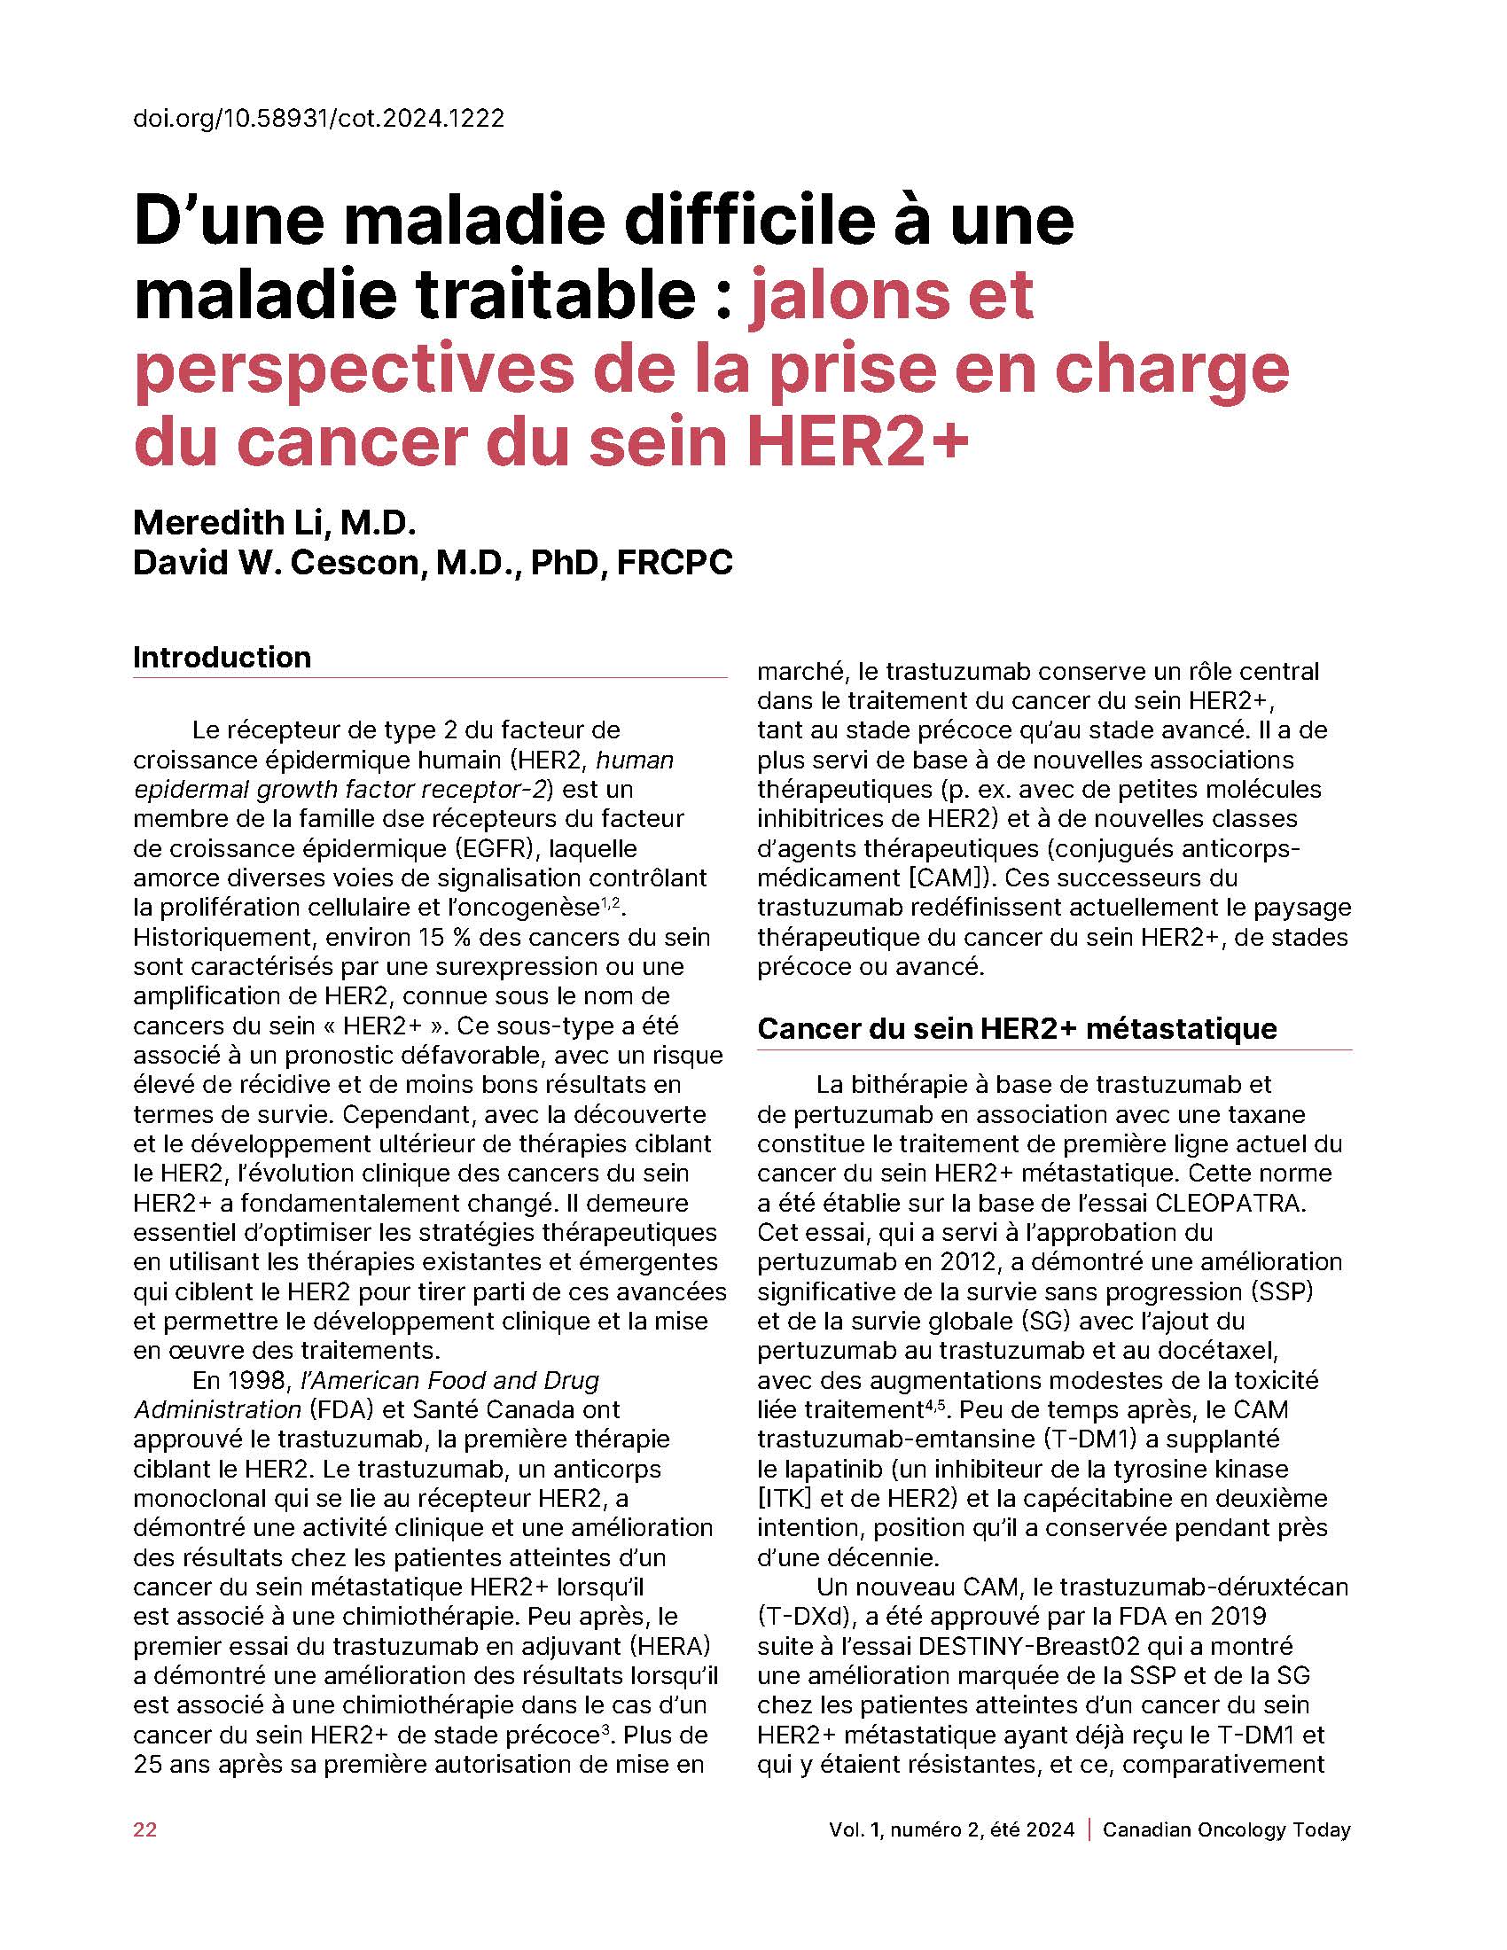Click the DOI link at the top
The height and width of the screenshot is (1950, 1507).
click(x=319, y=118)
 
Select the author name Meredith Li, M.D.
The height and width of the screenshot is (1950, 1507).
click(x=275, y=521)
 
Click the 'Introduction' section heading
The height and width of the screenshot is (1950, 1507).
click(x=223, y=657)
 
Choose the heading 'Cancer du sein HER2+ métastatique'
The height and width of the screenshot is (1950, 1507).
click(x=1017, y=1028)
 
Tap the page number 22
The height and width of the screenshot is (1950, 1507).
click(x=144, y=1829)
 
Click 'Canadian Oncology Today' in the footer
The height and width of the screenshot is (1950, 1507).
click(x=1227, y=1829)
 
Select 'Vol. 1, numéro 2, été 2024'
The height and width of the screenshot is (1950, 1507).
click(x=952, y=1829)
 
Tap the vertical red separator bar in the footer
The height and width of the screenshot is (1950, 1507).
click(x=1089, y=1829)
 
